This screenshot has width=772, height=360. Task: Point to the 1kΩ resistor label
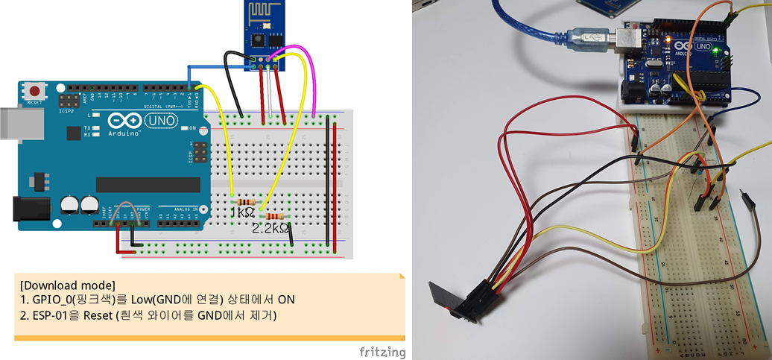[x=242, y=214]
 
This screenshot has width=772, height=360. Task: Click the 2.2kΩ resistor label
[x=270, y=229]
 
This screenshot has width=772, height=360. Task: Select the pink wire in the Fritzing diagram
[x=311, y=75]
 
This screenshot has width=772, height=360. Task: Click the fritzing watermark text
[x=382, y=351]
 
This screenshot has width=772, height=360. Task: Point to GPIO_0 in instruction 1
[x=56, y=300]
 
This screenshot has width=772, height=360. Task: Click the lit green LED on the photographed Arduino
[x=715, y=51]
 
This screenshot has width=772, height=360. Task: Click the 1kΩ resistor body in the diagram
[x=245, y=202]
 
